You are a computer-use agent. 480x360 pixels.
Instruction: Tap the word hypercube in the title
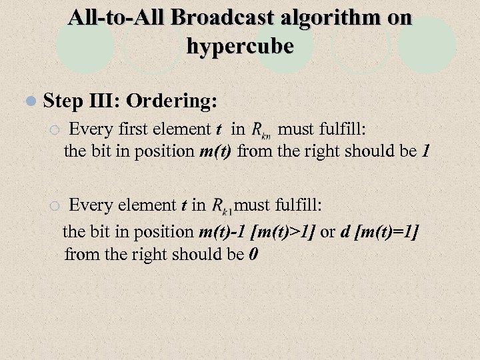240,46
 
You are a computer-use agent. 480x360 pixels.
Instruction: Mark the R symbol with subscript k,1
221,206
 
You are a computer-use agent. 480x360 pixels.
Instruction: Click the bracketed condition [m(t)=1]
385,231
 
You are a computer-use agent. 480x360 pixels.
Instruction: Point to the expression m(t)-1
223,231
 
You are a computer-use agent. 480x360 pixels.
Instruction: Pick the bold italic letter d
345,231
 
